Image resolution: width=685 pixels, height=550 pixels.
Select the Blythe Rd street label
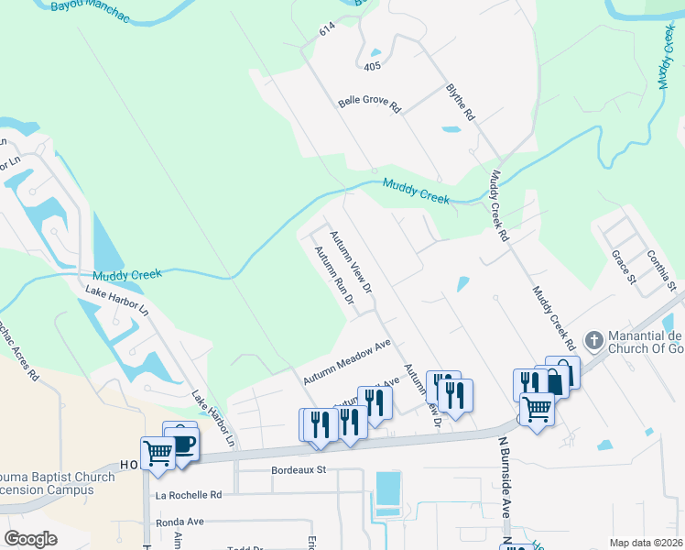(461, 102)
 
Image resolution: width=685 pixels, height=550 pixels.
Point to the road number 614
(328, 30)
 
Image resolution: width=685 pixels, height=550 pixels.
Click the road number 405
(371, 67)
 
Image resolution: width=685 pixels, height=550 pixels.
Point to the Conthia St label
(660, 269)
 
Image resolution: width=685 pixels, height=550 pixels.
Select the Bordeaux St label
(299, 470)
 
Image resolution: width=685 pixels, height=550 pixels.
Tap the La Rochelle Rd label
(189, 495)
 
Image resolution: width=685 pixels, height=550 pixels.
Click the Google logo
(30, 539)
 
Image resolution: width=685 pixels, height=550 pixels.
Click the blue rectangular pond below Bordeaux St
(387, 489)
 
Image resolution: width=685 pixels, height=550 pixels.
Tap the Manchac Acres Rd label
(20, 348)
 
